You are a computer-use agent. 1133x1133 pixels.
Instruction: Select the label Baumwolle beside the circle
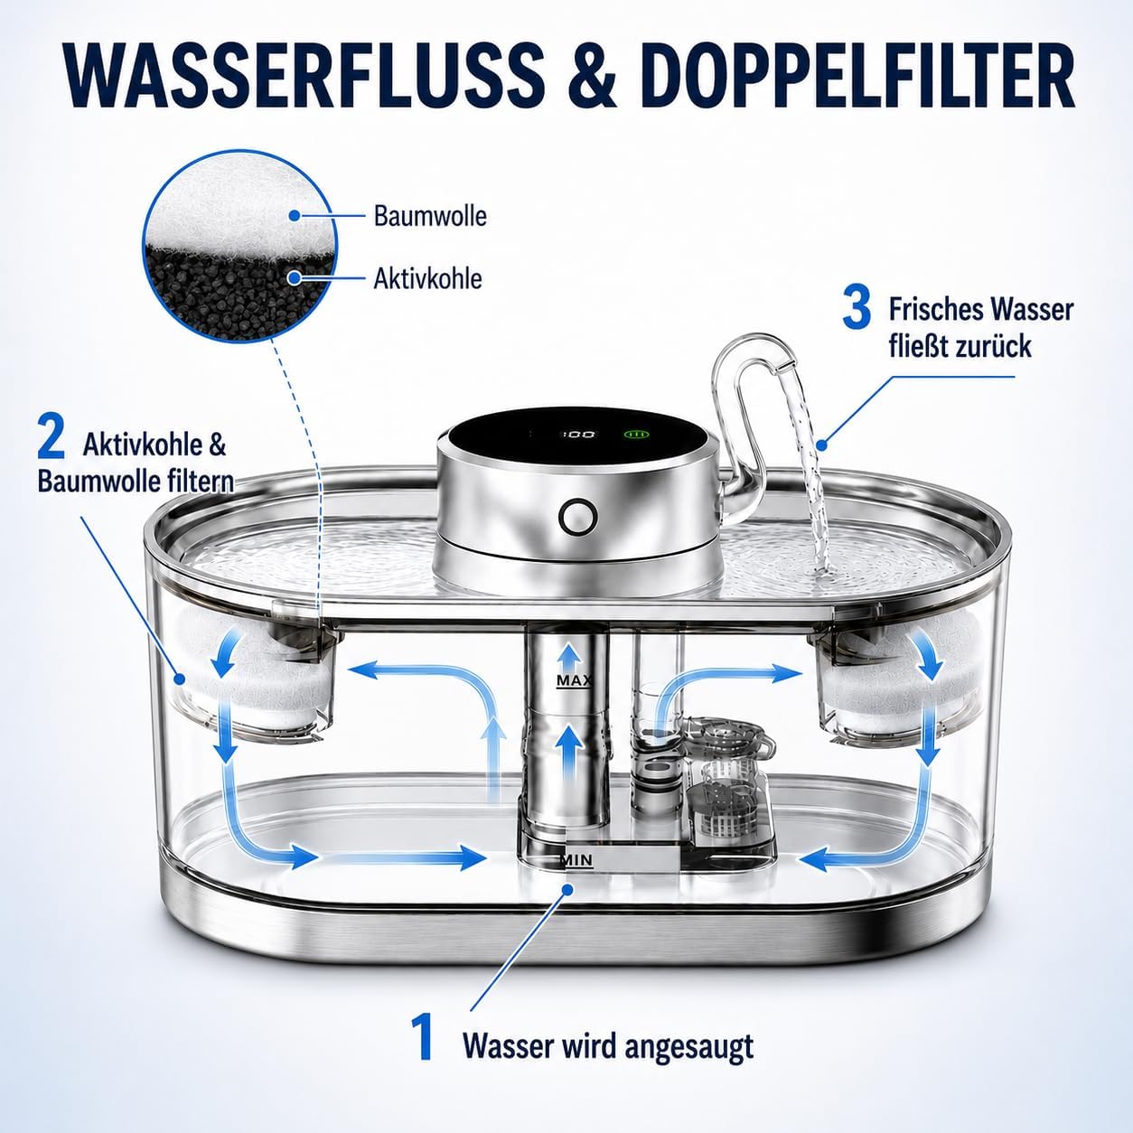coord(430,216)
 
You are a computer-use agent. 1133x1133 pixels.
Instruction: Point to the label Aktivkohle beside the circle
coord(428,278)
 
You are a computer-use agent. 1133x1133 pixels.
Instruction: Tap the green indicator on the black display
coord(636,435)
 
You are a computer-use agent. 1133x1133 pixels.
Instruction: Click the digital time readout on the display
coord(579,435)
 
